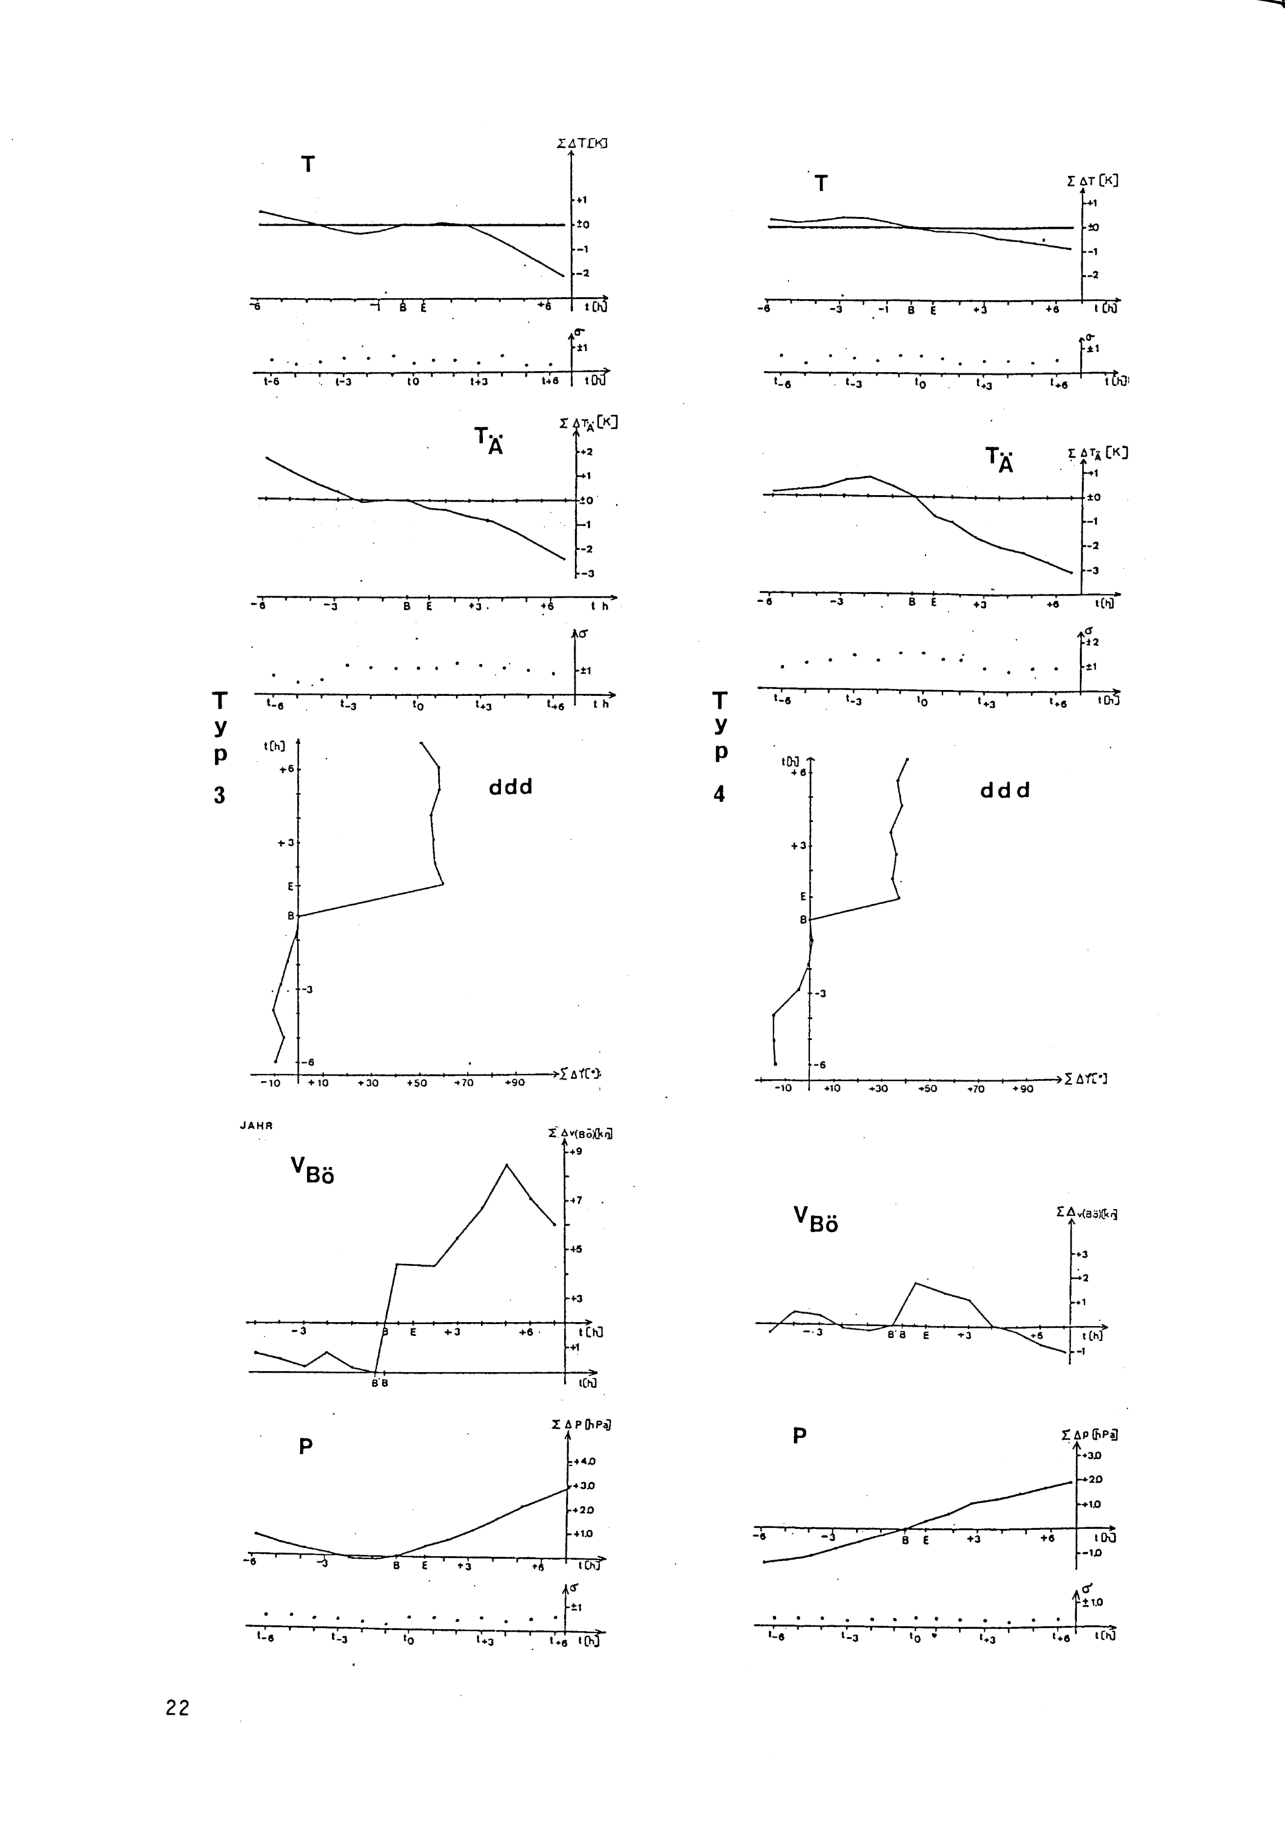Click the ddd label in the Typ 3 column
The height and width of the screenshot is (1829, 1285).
coord(511,788)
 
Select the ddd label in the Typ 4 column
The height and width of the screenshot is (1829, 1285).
coord(1005,790)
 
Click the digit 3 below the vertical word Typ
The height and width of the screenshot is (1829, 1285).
coord(219,795)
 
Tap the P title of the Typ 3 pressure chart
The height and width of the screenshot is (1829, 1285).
coord(305,1447)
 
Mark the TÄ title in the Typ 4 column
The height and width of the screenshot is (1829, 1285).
coord(1000,459)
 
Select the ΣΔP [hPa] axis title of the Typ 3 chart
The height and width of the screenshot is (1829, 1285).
coord(581,1423)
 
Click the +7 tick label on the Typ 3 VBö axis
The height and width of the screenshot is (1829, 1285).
coord(575,1200)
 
